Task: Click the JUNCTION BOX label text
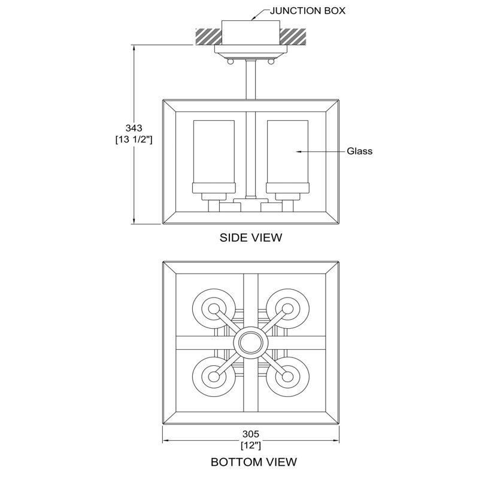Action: [x=308, y=11]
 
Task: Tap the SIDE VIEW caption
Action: [x=251, y=237]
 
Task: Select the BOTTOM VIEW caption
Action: [x=253, y=462]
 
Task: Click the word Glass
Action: [x=360, y=151]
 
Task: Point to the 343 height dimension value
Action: [x=134, y=128]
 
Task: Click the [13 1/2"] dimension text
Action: [x=134, y=140]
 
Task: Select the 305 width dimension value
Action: [x=251, y=433]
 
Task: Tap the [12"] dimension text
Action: [x=251, y=445]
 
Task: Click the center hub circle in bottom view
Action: [x=250, y=342]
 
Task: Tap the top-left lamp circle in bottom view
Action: [x=214, y=309]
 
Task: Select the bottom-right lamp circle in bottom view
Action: [x=287, y=377]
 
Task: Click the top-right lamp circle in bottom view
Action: [x=287, y=309]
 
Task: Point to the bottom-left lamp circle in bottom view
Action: [x=214, y=377]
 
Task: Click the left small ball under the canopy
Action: [x=231, y=62]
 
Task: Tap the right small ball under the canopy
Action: [x=271, y=62]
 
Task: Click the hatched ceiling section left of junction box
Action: [x=208, y=36]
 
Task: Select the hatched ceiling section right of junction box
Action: [x=293, y=36]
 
